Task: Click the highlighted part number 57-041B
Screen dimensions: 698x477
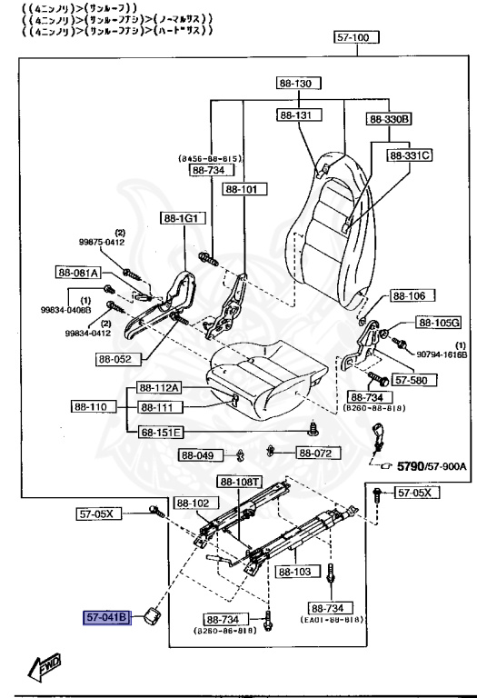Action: pos(108,619)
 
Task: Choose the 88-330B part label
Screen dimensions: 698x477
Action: pos(390,119)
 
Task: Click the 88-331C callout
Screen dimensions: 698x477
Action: pos(409,155)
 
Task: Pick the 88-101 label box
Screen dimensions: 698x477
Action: pos(242,190)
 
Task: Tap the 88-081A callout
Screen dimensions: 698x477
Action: pos(78,272)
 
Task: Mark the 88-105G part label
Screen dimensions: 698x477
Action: pos(439,323)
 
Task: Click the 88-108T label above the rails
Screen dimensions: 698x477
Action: pos(241,482)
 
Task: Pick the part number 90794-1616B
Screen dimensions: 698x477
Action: pos(442,354)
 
